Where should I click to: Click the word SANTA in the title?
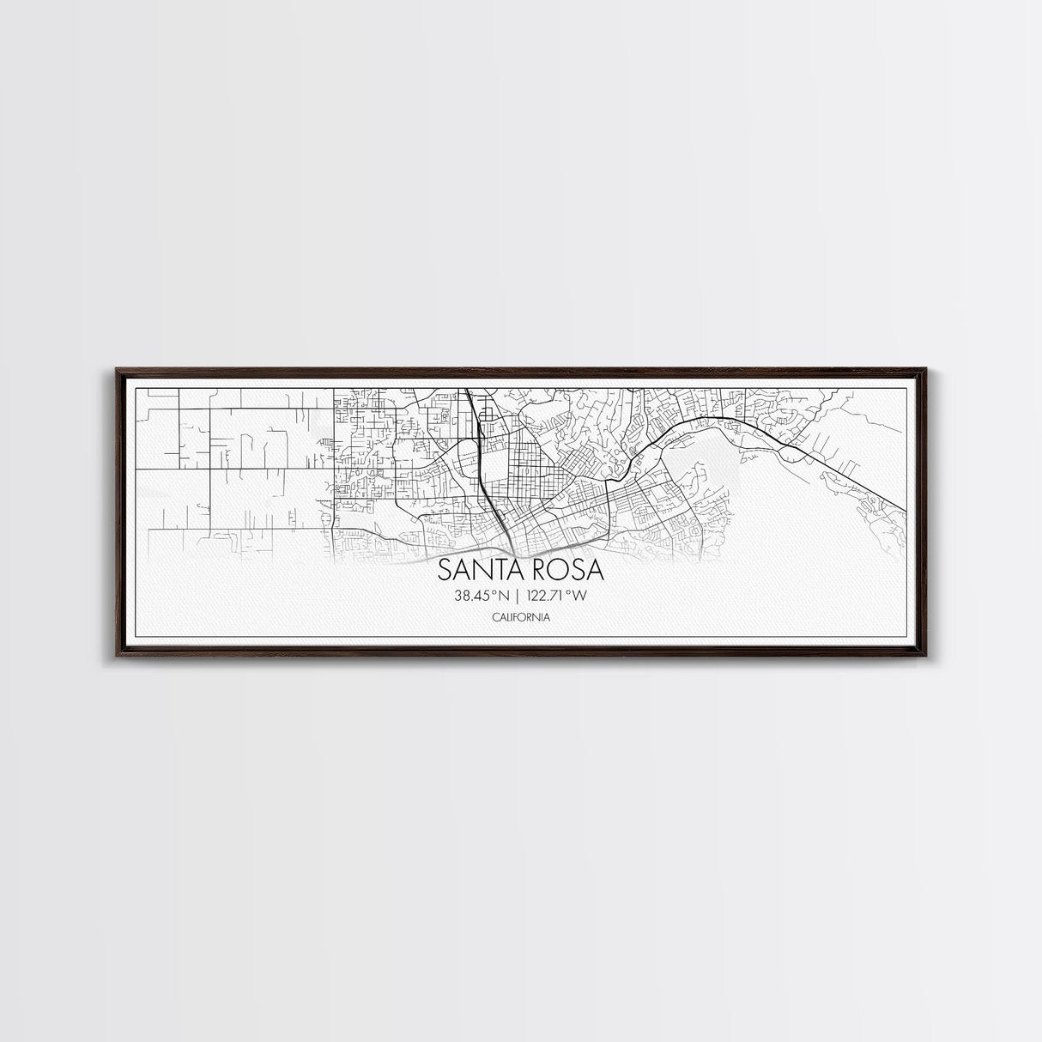[x=477, y=570]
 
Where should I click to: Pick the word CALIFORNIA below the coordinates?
[x=522, y=617]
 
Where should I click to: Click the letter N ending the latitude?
[x=498, y=595]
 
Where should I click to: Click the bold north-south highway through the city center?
[x=482, y=463]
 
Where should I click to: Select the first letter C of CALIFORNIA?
[x=496, y=617]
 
